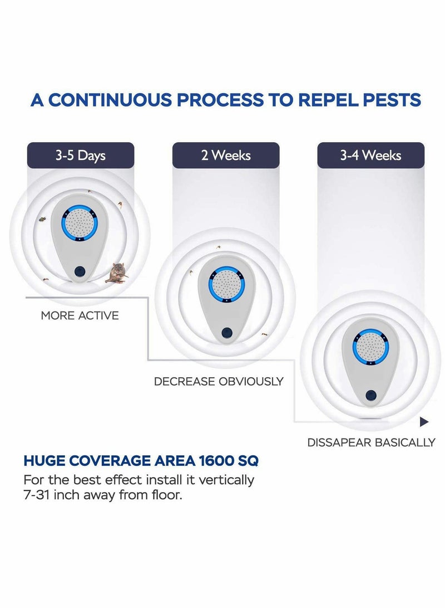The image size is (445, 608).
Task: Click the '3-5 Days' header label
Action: coord(81,155)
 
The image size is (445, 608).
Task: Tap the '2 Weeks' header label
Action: coord(226,155)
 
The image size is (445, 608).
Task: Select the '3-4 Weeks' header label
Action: coord(370,155)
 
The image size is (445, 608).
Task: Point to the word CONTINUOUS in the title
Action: coord(110,100)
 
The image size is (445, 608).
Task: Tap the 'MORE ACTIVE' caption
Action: coord(80,315)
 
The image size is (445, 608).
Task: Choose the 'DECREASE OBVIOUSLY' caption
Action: coord(219,382)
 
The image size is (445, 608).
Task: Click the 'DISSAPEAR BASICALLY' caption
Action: coord(371,442)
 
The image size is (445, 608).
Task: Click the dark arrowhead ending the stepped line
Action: coord(424,421)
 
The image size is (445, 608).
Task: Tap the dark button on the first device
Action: coord(80,271)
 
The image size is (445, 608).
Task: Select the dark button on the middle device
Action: coord(227,332)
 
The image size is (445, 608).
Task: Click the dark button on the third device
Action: coord(370,395)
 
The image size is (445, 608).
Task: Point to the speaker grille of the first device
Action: coord(80,223)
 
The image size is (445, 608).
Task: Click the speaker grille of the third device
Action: coord(370,347)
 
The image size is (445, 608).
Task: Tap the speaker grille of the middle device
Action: coord(226,284)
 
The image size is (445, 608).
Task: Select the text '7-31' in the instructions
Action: coord(36,495)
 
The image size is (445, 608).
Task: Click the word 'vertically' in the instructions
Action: coord(226,480)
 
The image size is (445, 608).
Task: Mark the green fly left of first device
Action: coord(42,219)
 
